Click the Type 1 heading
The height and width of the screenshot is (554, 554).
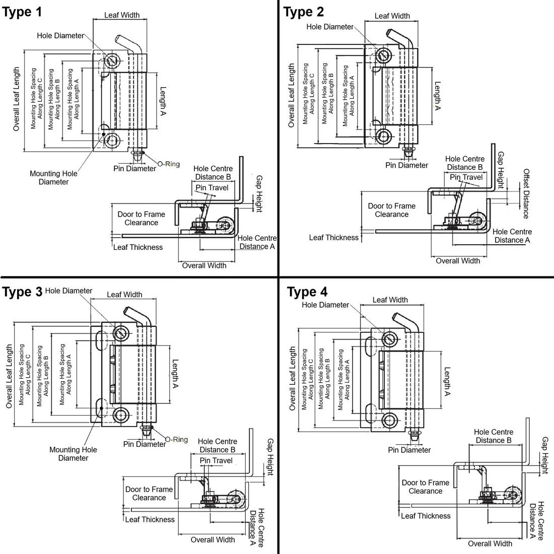coord(22,12)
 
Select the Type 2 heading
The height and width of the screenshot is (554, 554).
coord(304,12)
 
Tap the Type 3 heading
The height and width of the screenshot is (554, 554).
coord(22,292)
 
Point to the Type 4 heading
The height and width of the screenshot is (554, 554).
coord(307,292)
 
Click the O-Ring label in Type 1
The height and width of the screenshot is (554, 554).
coord(169,164)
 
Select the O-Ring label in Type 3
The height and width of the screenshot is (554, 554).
coord(176,440)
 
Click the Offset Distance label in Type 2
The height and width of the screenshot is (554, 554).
coord(526,193)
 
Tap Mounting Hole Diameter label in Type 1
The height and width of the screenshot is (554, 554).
coord(53,178)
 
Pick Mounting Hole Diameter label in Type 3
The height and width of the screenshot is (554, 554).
coord(73,454)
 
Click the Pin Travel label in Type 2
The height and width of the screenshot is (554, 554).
coord(466,177)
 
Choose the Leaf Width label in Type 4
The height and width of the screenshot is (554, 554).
coord(390,300)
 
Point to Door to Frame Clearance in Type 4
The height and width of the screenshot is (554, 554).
coord(426,487)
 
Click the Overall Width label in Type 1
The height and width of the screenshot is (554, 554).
coord(204,265)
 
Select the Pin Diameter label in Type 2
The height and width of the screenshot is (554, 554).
coord(406,165)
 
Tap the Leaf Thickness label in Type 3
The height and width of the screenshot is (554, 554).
coord(150,519)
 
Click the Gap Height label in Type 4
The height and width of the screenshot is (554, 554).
coord(545,455)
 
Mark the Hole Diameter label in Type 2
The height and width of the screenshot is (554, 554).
coord(330,27)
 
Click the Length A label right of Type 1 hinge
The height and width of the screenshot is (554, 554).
coord(163,101)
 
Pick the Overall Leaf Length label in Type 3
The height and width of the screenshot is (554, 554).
coord(9,376)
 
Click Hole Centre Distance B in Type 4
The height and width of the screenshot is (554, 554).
coord(494,436)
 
